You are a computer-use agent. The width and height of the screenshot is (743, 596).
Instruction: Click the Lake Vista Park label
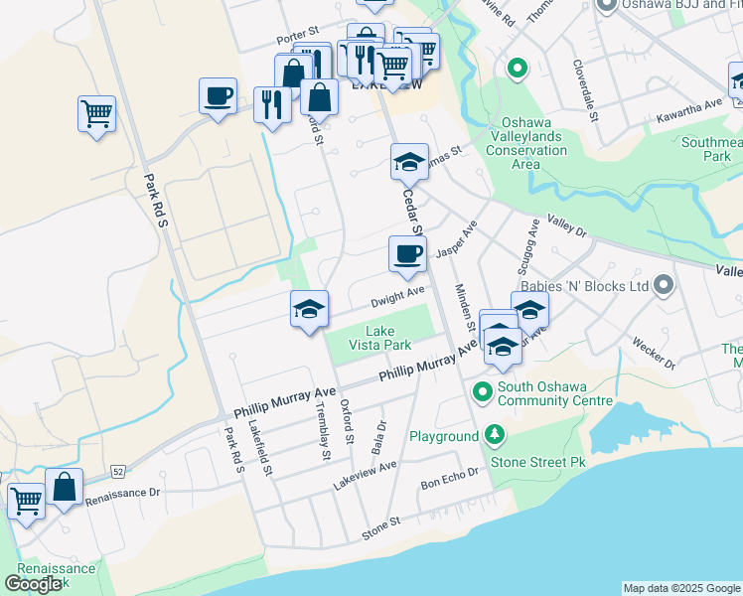tap(379, 338)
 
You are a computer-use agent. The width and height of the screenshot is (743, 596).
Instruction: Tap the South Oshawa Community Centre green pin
tap(483, 392)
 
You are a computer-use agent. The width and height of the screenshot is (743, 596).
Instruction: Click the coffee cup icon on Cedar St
tap(406, 253)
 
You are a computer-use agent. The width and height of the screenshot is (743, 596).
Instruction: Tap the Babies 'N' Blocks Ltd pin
tap(665, 286)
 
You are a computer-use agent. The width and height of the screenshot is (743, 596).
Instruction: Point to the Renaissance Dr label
tap(122, 493)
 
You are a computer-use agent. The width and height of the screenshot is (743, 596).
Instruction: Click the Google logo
tap(33, 583)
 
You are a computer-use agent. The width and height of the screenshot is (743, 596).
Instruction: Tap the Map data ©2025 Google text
tap(680, 588)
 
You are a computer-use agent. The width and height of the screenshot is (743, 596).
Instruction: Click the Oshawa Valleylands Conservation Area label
tap(526, 150)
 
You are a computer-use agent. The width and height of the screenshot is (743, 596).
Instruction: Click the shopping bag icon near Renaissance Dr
tap(64, 487)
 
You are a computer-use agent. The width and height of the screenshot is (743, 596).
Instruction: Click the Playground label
tap(444, 436)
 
